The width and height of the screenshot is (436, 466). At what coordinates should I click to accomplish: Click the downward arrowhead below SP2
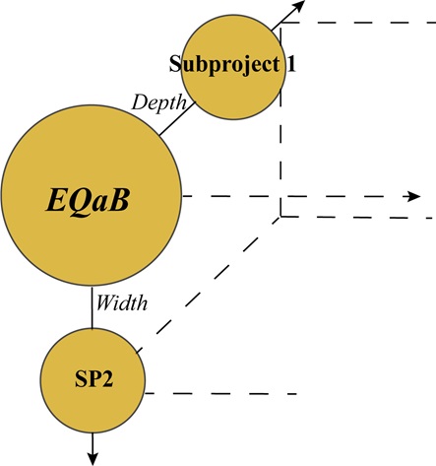(93, 455)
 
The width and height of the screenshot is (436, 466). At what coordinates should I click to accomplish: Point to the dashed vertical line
(281, 148)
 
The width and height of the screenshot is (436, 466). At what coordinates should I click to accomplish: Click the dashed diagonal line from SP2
(207, 286)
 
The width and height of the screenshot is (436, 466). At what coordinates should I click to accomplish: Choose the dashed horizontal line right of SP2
(221, 395)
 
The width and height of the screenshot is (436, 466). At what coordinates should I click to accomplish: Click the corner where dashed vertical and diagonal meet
(281, 215)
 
